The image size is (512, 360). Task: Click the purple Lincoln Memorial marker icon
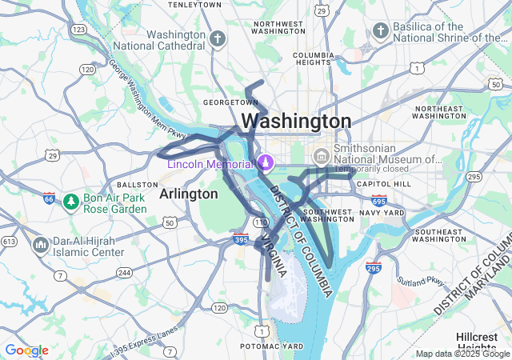click(265, 163)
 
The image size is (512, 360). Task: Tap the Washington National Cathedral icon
click(218, 38)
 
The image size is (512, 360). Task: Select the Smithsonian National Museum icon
click(322, 154)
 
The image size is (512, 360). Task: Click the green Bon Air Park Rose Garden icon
click(70, 200)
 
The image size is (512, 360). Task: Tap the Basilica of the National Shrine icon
click(380, 30)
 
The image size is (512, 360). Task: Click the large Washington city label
click(296, 121)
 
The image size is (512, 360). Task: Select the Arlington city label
click(189, 194)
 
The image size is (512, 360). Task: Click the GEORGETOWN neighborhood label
click(230, 102)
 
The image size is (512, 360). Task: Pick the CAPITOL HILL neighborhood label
click(384, 184)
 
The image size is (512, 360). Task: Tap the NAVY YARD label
click(381, 212)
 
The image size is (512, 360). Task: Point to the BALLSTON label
click(131, 184)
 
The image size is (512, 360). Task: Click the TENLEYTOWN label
click(195, 5)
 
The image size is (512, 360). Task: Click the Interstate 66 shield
click(50, 198)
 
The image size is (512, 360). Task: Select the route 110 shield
click(261, 221)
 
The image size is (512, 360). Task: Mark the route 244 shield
click(124, 272)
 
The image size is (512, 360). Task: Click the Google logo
click(26, 350)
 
